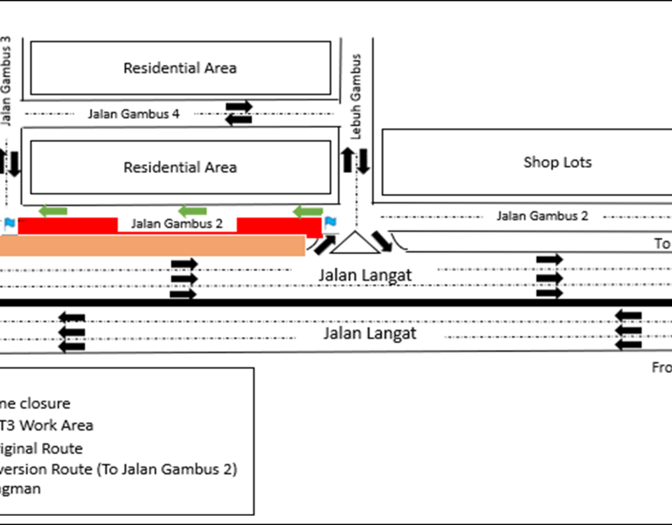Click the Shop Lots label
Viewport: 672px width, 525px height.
(x=557, y=162)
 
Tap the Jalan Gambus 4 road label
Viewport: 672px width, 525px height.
(x=133, y=113)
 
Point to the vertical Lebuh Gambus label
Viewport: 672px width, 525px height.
(x=357, y=97)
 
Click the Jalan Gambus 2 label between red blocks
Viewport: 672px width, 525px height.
(x=177, y=224)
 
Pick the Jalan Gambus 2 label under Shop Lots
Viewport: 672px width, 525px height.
(x=542, y=216)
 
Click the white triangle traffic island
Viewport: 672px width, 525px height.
(x=355, y=244)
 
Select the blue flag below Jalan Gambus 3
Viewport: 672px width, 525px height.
(x=10, y=225)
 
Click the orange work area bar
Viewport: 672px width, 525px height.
(x=150, y=246)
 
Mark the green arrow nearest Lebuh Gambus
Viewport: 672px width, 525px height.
(x=308, y=211)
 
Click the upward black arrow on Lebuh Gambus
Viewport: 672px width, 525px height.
(x=348, y=160)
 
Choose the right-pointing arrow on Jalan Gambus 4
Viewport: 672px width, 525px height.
(x=239, y=106)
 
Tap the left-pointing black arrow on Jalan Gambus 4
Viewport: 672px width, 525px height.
(x=239, y=120)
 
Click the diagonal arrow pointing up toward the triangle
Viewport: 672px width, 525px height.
(x=324, y=244)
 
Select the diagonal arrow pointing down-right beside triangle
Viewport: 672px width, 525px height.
(x=382, y=241)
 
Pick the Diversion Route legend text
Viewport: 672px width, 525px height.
(x=119, y=469)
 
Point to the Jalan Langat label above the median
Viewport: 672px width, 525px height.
(x=365, y=275)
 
